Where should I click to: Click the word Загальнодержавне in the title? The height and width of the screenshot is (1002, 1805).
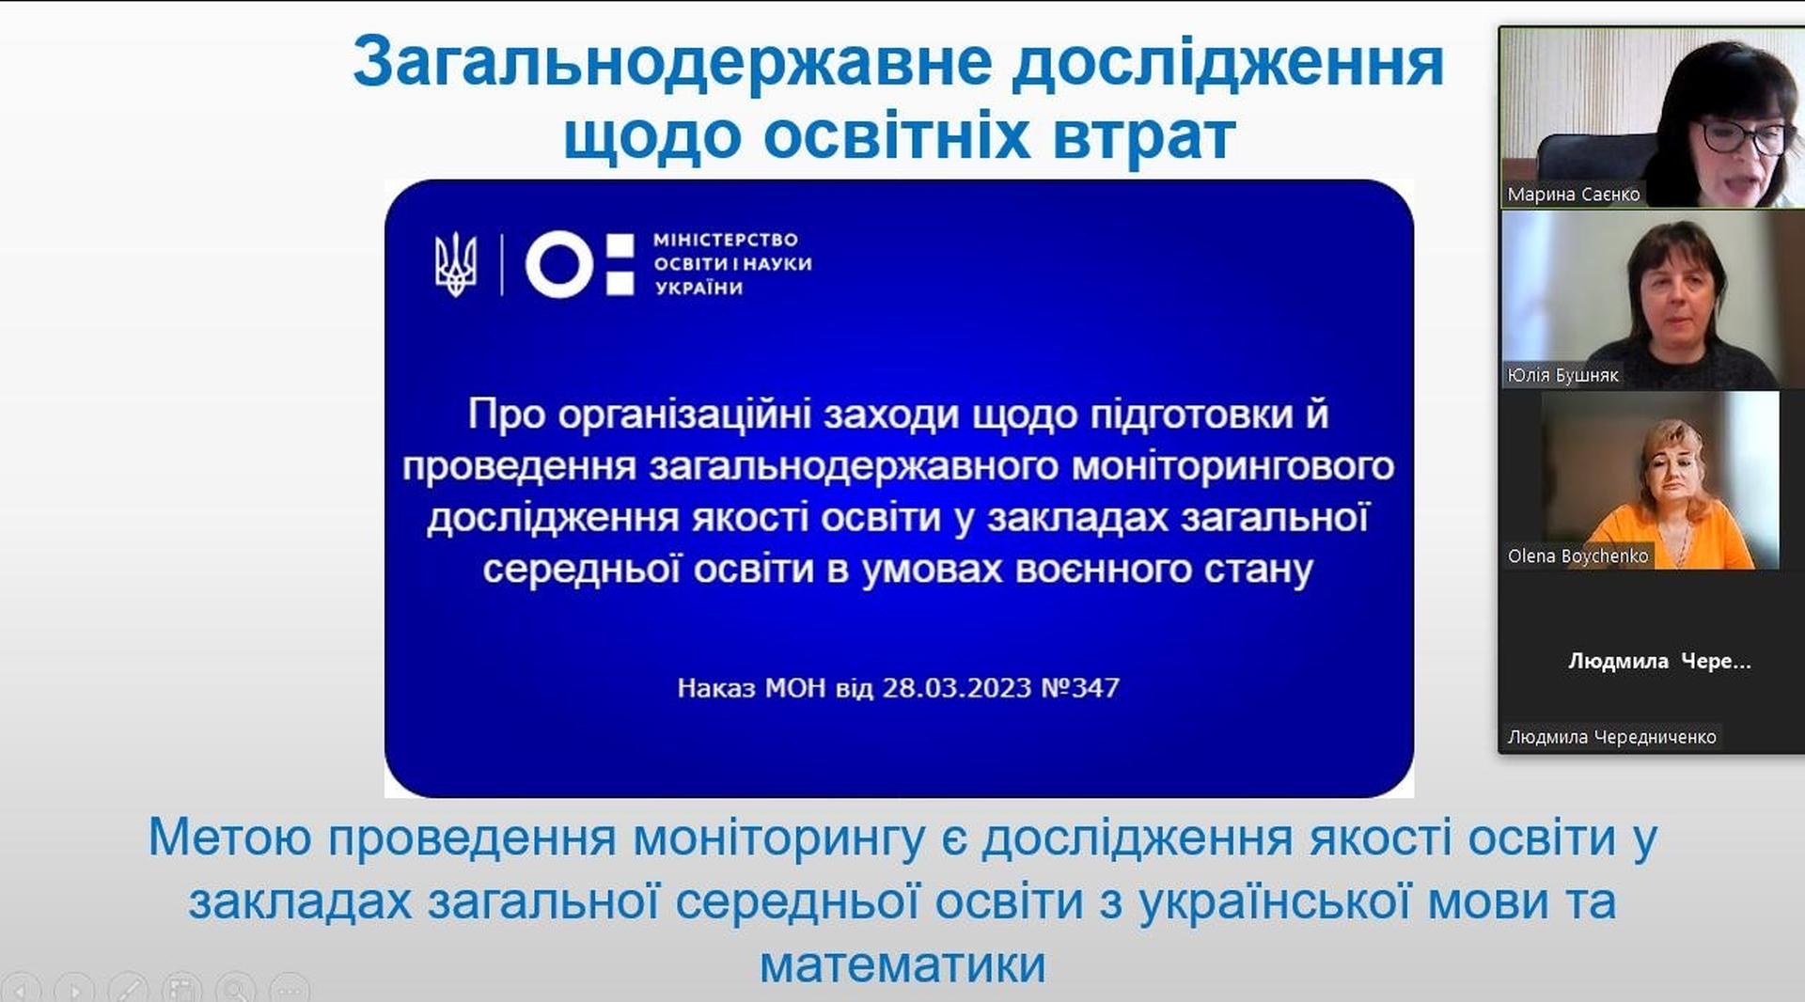coord(672,63)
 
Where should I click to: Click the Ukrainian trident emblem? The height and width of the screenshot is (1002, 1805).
coord(456,264)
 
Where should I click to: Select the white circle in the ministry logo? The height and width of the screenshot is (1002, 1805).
coord(558,263)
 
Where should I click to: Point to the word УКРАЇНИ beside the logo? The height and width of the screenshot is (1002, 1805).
coord(698,289)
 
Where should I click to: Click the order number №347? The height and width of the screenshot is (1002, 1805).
coord(1080,688)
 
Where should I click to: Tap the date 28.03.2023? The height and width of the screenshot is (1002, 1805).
coord(957,688)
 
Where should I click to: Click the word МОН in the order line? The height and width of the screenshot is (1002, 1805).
coord(795,688)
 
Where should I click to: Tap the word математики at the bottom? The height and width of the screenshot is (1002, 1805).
coord(902,965)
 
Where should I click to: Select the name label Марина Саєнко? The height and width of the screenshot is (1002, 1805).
coord(1573,195)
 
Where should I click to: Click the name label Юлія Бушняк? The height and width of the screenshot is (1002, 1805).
coord(1562,375)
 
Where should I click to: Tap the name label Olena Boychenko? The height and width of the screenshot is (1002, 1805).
coord(1577,556)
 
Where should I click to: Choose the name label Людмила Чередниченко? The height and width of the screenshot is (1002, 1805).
coord(1611,737)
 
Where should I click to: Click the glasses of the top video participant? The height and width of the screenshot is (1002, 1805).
coord(1741,137)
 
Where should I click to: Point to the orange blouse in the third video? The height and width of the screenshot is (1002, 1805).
coord(1673,537)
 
